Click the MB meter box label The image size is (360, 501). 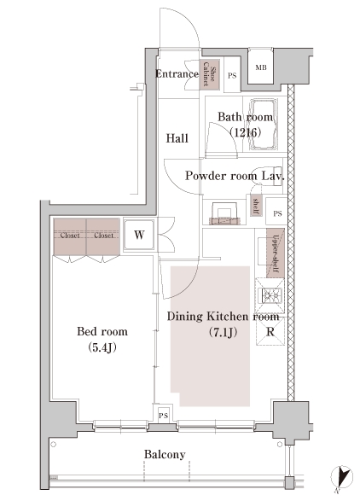coord(261,67)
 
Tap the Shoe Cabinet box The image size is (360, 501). coord(210,73)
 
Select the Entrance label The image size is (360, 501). coord(177,74)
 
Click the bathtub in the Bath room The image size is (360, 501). coord(264,125)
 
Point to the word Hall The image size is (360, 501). coord(177,138)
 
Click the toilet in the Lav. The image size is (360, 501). coord(267,176)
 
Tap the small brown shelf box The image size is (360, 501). coord(256,206)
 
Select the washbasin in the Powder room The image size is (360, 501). coord(224,213)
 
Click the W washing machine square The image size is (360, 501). coord(139,235)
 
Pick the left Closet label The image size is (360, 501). coord(70,236)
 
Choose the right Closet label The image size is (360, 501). coord(103,236)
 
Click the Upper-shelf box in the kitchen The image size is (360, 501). coord(275,253)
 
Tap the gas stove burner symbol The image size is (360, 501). coord(270,295)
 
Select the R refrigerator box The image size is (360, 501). coord(270,332)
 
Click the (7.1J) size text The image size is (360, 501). coord(223,333)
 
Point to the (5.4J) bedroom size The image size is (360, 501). coord(102,347)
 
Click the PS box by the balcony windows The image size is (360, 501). coord(163,416)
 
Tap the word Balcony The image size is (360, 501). coord(165,454)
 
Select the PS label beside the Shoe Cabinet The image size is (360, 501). coord(232,76)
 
